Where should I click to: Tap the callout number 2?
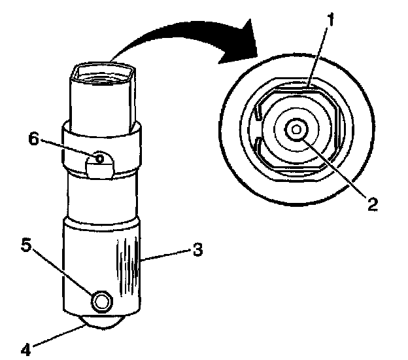pos(372,206)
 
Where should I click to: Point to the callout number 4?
pos(26,349)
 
